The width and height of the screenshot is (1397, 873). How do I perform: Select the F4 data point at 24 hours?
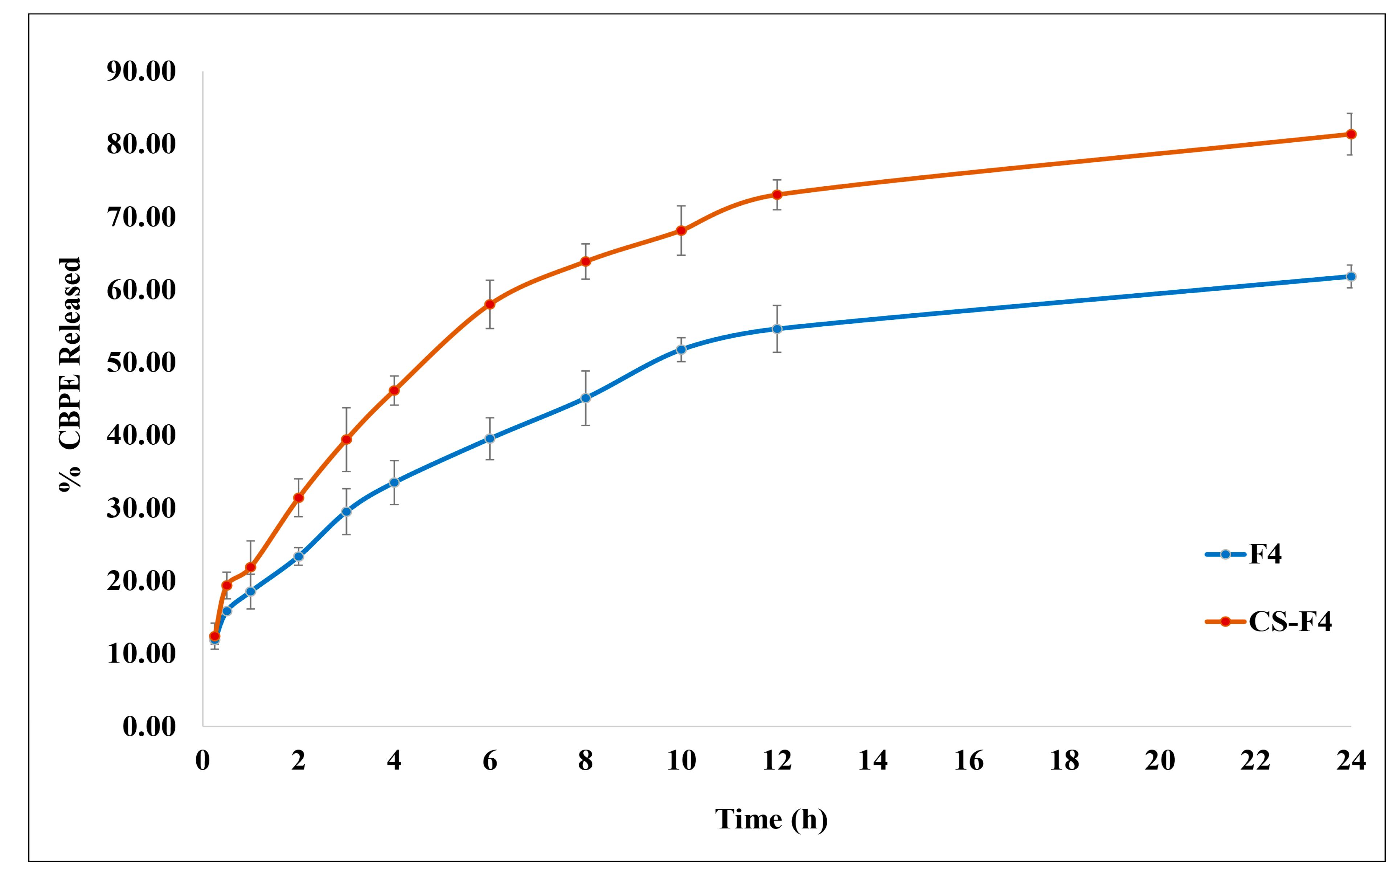pos(1351,277)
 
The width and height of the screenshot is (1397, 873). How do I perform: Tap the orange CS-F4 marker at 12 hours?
pos(777,195)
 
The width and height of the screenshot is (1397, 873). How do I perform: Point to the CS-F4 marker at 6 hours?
pos(490,304)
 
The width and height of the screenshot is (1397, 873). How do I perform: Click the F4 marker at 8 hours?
pos(586,398)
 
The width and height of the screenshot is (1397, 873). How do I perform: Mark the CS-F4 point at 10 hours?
pos(681,231)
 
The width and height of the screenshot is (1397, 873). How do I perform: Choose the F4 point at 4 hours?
pos(394,482)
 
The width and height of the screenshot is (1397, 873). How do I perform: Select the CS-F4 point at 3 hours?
pos(346,439)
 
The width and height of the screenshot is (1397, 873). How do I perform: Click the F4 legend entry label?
pos(1265,554)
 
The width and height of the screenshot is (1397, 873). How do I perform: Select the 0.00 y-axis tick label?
pos(149,726)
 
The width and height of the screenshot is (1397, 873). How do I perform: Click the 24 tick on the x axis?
pos(1351,760)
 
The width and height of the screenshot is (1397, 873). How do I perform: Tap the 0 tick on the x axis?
pos(202,760)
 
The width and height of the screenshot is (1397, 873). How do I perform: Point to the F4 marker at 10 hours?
pos(681,349)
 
